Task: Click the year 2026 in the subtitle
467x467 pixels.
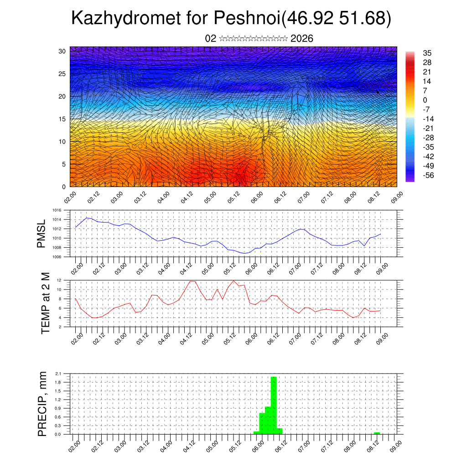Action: (301, 38)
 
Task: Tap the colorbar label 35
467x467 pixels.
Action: (427, 53)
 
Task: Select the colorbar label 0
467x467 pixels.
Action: (425, 100)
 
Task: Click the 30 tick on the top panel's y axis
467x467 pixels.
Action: (62, 51)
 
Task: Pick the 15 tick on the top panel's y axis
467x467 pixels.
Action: (62, 119)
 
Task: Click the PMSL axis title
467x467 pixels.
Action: (42, 233)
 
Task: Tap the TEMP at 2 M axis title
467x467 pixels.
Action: (45, 303)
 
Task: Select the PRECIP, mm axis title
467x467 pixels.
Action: (42, 404)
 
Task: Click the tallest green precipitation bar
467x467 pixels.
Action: (274, 405)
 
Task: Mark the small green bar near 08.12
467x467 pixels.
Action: (377, 433)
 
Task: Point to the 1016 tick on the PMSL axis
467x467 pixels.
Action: (56, 210)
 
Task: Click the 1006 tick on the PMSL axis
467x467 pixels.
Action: (56, 257)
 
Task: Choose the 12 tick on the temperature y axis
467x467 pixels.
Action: (59, 280)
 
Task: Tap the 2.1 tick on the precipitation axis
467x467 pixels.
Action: (58, 374)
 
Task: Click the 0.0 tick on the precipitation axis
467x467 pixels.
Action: (58, 434)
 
